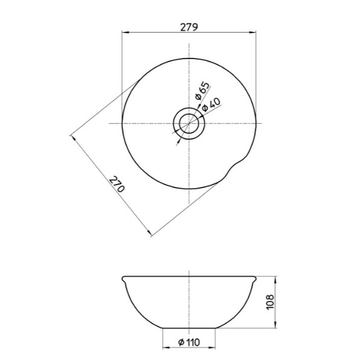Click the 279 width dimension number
[x=189, y=27]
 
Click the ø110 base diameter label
[x=189, y=343]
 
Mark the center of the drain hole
[x=189, y=123]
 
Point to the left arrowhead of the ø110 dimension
[x=165, y=348]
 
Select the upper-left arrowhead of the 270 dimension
[x=73, y=138]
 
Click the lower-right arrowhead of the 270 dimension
[x=148, y=233]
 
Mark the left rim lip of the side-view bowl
[x=124, y=279]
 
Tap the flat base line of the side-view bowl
[x=189, y=329]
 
